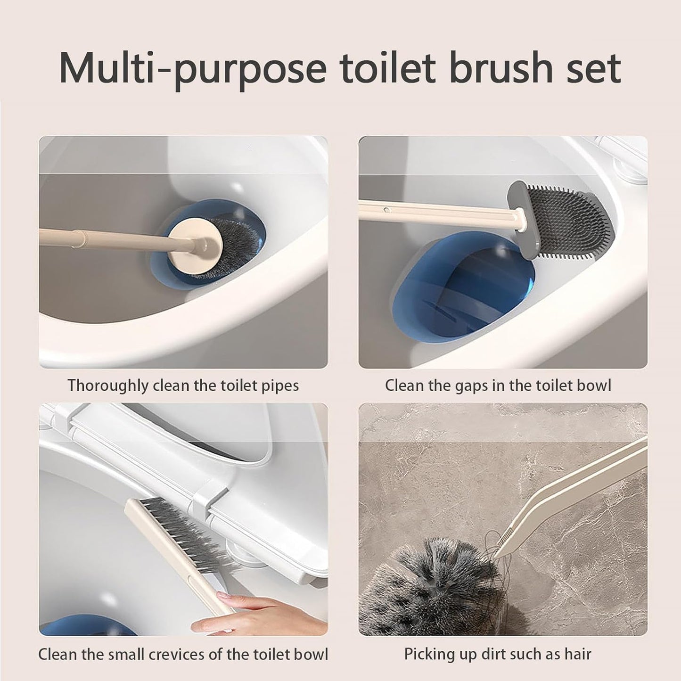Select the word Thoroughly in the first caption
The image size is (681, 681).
pos(108,386)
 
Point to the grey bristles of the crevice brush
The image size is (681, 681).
pos(189,533)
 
